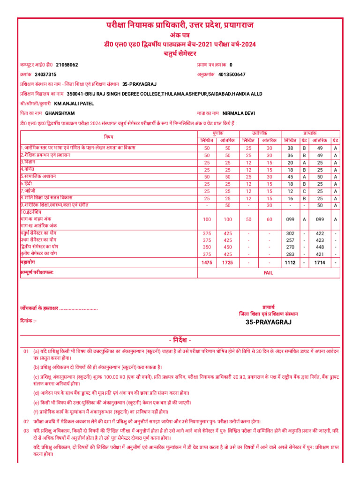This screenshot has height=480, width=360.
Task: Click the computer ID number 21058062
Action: point(67,65)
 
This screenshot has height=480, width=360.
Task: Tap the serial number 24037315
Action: point(45,75)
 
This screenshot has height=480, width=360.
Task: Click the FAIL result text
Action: point(268,272)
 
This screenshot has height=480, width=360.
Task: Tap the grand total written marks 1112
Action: point(290,263)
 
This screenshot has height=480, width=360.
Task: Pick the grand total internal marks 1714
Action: point(320,263)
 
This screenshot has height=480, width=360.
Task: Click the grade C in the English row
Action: point(304,191)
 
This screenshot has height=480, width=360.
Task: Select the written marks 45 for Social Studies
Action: point(290,177)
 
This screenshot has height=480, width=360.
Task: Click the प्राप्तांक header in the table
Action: point(310,134)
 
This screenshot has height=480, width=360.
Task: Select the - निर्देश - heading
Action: point(180,340)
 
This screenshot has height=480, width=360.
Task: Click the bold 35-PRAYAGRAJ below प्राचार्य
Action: point(269,322)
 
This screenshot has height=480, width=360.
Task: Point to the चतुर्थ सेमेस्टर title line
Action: point(180,53)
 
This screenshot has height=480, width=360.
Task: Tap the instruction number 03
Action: point(26,430)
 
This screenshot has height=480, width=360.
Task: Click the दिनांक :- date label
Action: point(29,321)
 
